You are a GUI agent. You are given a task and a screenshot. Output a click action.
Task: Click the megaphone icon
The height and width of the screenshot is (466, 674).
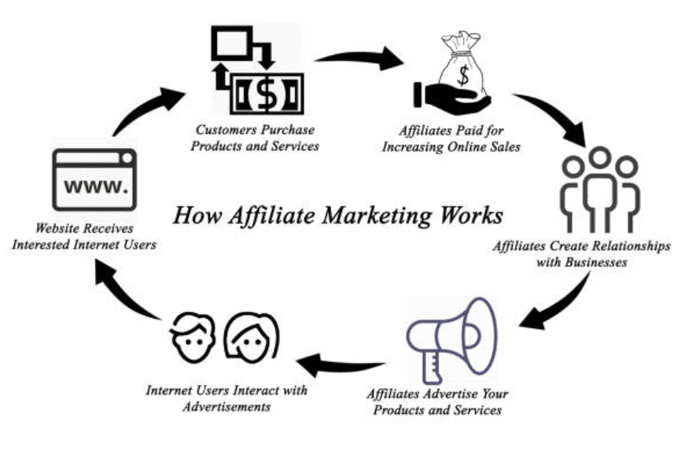click(451, 341)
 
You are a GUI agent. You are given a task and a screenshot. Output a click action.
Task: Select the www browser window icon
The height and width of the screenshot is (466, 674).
click(94, 179)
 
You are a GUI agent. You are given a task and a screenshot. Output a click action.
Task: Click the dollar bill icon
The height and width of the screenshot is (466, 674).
click(267, 94)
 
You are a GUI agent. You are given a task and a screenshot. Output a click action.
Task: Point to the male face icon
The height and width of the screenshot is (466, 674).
click(193, 338)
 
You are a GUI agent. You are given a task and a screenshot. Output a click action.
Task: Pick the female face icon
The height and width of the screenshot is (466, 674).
click(252, 338)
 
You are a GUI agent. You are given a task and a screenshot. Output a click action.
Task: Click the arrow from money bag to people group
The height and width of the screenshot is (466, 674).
click(554, 114)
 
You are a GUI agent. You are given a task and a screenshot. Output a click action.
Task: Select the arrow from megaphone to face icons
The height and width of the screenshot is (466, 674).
click(341, 366)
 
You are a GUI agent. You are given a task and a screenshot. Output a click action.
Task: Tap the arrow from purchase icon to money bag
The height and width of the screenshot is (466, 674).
click(360, 57)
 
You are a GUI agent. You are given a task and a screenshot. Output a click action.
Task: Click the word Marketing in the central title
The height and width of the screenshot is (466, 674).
click(377, 215)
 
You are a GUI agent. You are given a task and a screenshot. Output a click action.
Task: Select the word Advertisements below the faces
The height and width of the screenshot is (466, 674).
click(227, 407)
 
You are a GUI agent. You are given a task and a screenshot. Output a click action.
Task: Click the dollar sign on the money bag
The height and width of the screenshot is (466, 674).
click(463, 75)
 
